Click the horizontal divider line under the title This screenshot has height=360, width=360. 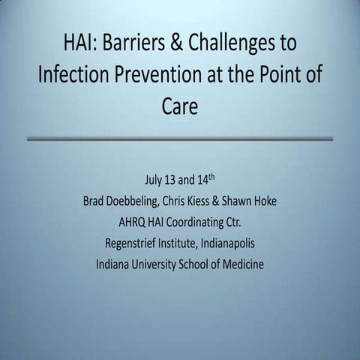click(x=179, y=139)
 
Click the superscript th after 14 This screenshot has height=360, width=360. click(x=218, y=177)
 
